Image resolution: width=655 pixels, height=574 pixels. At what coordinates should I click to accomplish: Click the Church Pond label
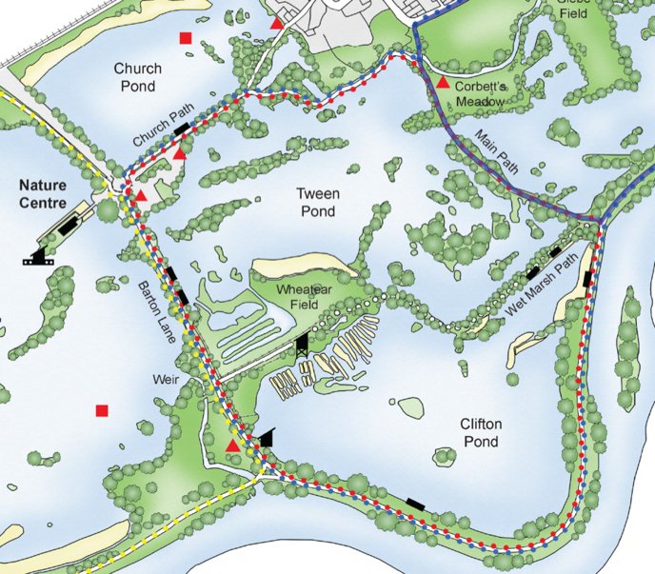[138, 77]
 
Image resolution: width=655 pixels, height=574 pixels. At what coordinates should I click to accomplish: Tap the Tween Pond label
[316, 203]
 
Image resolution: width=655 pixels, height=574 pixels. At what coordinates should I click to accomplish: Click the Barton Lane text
[154, 311]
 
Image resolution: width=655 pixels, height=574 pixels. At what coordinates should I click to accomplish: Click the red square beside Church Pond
[186, 38]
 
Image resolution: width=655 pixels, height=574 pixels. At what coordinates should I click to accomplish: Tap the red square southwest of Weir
[102, 411]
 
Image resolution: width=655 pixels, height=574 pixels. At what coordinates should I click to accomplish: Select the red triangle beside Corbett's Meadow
[443, 83]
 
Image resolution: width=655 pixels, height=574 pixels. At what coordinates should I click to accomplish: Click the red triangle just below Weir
[232, 445]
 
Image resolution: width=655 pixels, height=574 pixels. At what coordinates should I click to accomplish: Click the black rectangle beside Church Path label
[181, 129]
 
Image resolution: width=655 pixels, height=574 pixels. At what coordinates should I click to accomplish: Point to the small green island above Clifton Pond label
[410, 406]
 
